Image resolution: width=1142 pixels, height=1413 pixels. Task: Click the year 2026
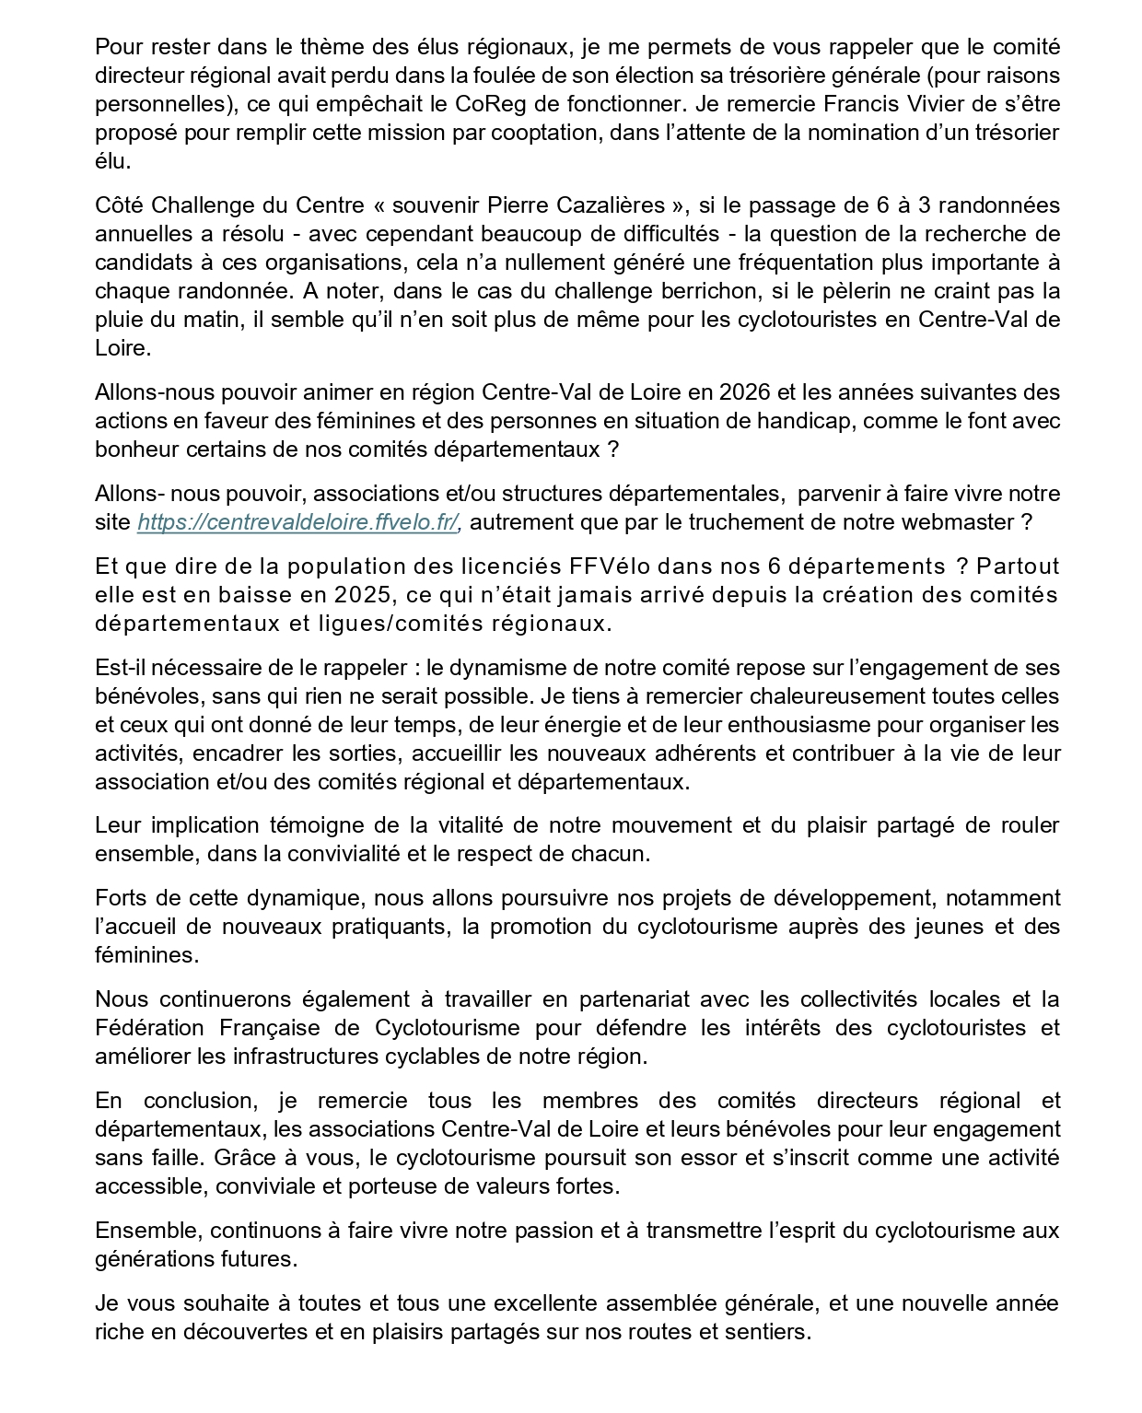click(x=745, y=392)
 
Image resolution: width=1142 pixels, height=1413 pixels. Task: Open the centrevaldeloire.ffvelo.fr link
click(x=298, y=522)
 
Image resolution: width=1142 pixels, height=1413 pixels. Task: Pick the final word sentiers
click(x=768, y=1331)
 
